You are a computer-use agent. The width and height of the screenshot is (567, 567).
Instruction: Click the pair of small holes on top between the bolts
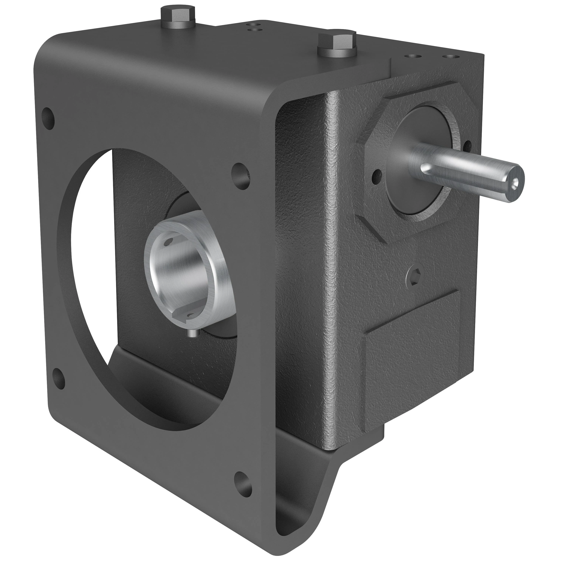click(x=254, y=27)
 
